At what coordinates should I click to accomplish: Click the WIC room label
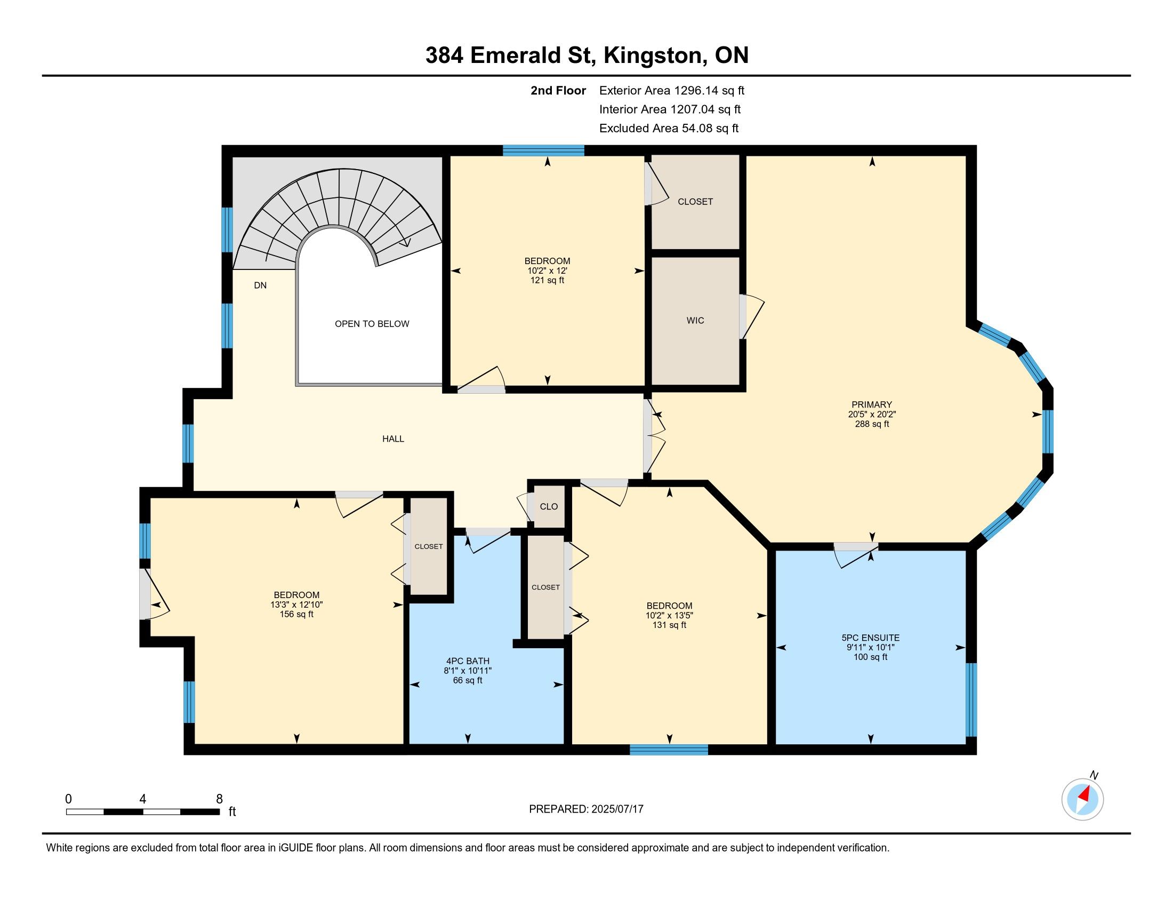pyautogui.click(x=695, y=320)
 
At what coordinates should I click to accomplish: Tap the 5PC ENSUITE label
pyautogui.click(x=870, y=638)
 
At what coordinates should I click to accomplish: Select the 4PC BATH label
pyautogui.click(x=467, y=661)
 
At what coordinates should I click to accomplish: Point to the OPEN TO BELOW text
pyautogui.click(x=372, y=323)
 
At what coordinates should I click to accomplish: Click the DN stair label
pyautogui.click(x=260, y=285)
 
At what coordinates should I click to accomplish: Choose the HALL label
pyautogui.click(x=392, y=439)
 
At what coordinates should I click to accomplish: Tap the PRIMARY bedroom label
pyautogui.click(x=872, y=404)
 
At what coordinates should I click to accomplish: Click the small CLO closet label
pyautogui.click(x=548, y=507)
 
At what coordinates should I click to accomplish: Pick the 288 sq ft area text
pyautogui.click(x=872, y=424)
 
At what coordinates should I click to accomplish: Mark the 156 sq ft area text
pyautogui.click(x=296, y=614)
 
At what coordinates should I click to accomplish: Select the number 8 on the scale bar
pyautogui.click(x=219, y=799)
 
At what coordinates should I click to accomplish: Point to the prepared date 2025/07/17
pyautogui.click(x=616, y=809)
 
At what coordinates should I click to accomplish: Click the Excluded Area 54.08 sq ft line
pyautogui.click(x=669, y=129)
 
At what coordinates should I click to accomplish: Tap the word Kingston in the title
pyautogui.click(x=653, y=56)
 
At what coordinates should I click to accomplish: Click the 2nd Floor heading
pyautogui.click(x=558, y=90)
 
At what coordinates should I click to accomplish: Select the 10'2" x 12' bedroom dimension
pyautogui.click(x=547, y=271)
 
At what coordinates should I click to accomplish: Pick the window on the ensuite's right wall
pyautogui.click(x=970, y=699)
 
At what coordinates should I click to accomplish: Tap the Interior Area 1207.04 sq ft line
pyautogui.click(x=670, y=109)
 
